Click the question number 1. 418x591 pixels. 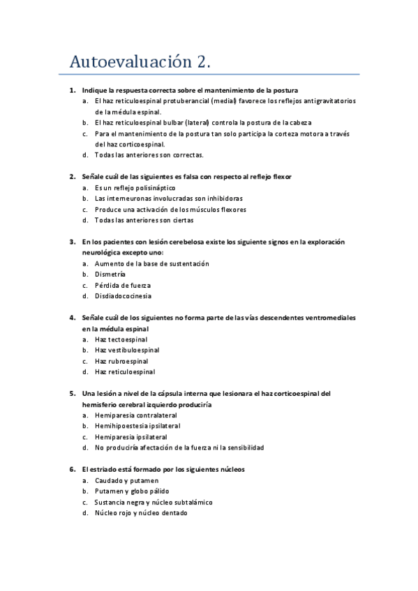point(72,91)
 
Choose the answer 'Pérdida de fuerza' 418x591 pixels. point(123,286)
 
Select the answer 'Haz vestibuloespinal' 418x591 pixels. point(127,350)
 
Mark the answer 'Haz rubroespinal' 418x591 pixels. point(121,361)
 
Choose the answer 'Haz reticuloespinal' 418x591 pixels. point(125,371)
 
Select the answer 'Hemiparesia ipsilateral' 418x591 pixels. point(132,437)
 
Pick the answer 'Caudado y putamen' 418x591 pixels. point(126,480)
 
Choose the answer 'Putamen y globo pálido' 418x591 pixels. point(133,491)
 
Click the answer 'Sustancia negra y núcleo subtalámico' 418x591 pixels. point(154,502)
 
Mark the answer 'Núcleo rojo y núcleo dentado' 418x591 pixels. point(141,513)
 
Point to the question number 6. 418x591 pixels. point(72,470)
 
